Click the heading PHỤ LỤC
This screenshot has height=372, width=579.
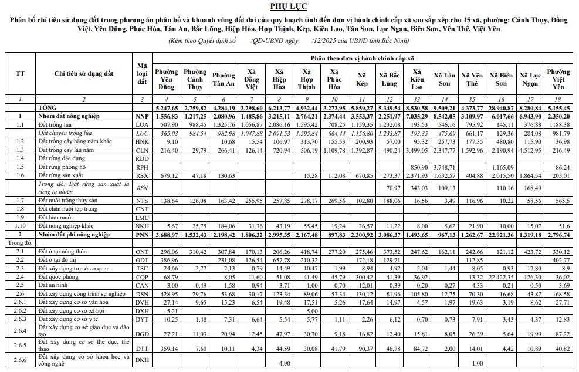point(289,6)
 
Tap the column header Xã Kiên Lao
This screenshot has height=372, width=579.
point(417,79)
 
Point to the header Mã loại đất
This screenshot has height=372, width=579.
point(141,73)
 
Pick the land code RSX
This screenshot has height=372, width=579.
point(141,175)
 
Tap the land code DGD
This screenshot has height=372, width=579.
point(141,333)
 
